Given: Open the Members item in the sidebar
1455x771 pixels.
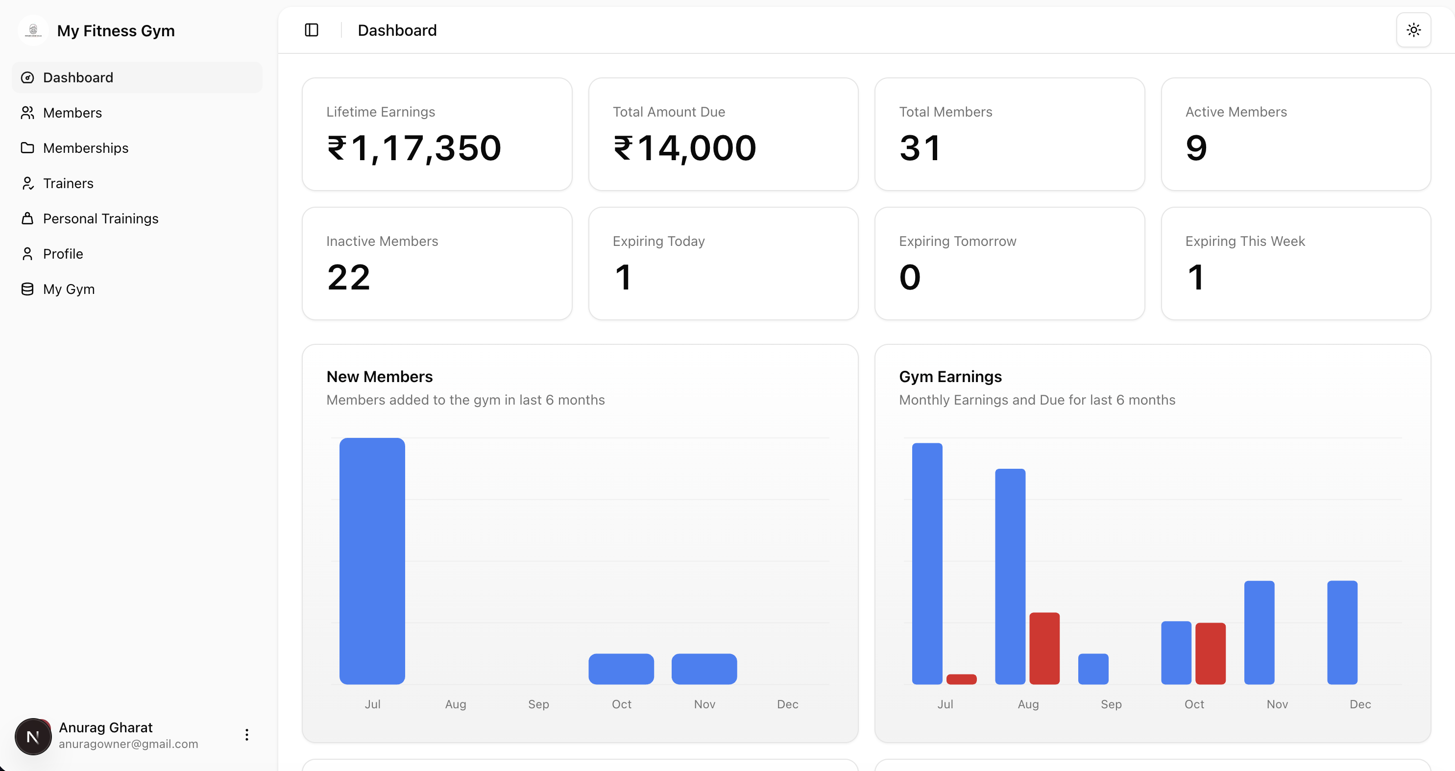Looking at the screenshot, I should click(73, 113).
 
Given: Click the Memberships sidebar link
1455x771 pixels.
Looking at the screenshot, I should click(85, 148).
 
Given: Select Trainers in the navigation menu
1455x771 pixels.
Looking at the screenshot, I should click(68, 184).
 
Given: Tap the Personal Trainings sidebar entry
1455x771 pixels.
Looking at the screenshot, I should click(100, 218).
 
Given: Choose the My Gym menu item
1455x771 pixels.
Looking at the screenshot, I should click(69, 289).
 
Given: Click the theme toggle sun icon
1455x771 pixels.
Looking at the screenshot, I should click(1413, 30).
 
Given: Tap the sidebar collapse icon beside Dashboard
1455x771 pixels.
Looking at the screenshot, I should click(311, 30).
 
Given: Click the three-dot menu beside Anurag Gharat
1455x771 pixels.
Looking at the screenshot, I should click(247, 734).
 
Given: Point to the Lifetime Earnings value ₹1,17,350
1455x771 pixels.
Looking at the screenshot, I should click(414, 148).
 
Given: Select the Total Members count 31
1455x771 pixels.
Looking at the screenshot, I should click(920, 148).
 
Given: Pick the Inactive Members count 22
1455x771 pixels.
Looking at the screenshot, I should click(348, 277).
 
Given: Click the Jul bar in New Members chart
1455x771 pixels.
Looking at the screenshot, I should click(372, 560).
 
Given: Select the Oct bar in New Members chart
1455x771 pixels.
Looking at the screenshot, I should click(621, 669).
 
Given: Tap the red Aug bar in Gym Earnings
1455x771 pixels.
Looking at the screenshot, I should click(1044, 648).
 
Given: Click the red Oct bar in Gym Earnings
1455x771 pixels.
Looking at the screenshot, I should click(1211, 653).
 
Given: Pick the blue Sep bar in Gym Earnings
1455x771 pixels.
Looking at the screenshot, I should click(1093, 669).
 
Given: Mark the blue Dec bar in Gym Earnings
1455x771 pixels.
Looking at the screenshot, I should click(1342, 632).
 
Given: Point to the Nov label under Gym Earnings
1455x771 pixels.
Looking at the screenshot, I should click(1277, 704).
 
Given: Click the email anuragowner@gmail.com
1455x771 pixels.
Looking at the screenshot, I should click(128, 744).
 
